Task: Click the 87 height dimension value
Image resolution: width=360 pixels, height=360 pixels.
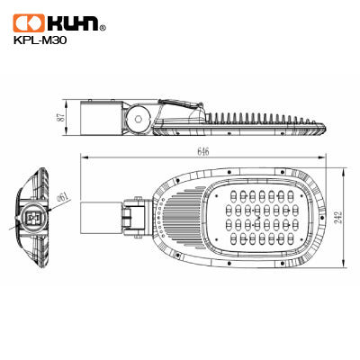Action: point(59,117)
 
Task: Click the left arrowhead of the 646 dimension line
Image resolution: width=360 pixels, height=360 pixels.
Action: point(84,158)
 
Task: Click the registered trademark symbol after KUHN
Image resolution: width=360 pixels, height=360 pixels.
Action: point(102,28)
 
